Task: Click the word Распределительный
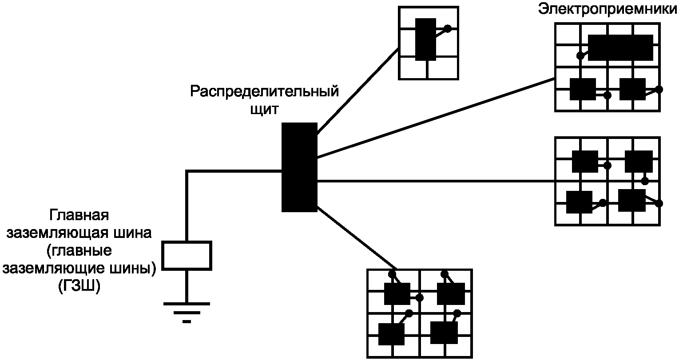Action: pos(265,92)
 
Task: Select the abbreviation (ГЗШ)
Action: pos(79,286)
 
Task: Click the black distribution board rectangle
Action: pos(299,167)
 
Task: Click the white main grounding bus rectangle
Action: pos(187,255)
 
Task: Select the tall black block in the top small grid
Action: pos(425,40)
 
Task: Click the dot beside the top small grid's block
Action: pos(448,29)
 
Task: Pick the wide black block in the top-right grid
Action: pos(620,47)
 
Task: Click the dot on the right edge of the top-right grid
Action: pos(659,90)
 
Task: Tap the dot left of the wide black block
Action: pos(580,56)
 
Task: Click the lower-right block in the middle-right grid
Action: pos(631,200)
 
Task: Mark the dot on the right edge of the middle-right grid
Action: pos(659,203)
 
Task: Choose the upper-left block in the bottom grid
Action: pos(397,294)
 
